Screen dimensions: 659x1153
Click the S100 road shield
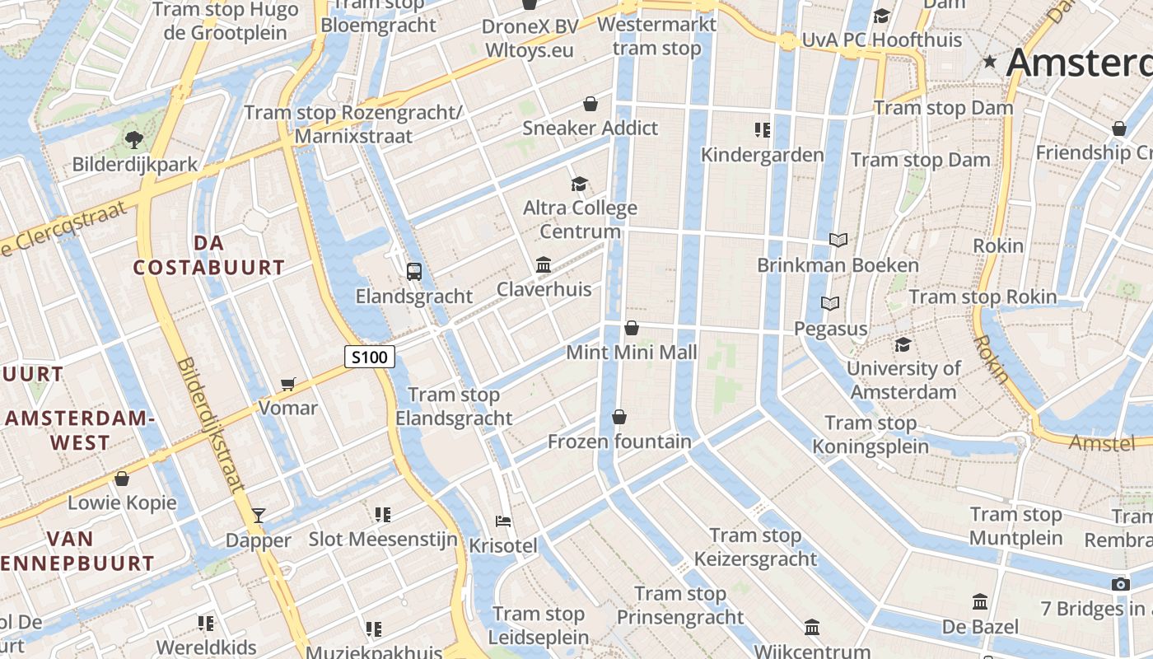[x=370, y=357]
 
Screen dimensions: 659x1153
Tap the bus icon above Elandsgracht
[x=414, y=271]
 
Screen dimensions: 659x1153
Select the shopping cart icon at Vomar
[x=288, y=384]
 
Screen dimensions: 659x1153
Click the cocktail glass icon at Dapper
[x=259, y=516]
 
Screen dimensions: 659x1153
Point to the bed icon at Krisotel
[x=503, y=521]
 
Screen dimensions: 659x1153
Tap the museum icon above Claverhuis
[x=544, y=264]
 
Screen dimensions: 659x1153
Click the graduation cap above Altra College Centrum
[x=580, y=184]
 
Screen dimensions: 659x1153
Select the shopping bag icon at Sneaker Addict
[x=591, y=104]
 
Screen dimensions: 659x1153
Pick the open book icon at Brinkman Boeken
[x=838, y=240]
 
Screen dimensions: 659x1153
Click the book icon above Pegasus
[x=830, y=304]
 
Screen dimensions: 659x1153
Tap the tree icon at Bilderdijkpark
[x=134, y=139]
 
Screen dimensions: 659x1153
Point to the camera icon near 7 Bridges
[x=1120, y=584]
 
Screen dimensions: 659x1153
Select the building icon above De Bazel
[x=980, y=602]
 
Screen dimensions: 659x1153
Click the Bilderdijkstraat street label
[x=211, y=424]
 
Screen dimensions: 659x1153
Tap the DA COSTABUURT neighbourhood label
[x=209, y=255]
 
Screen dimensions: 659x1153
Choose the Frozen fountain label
[x=619, y=442]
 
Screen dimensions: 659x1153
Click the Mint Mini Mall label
[x=632, y=353]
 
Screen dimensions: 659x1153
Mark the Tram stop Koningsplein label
[x=871, y=435]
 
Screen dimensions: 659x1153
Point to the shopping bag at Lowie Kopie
[x=122, y=479]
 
